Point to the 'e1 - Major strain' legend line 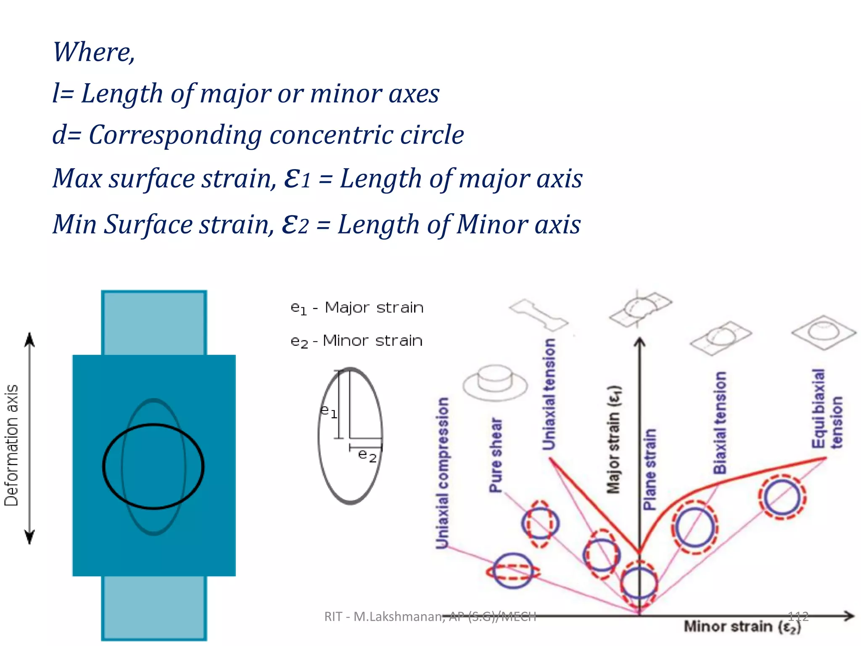click(x=357, y=308)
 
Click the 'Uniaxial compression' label click(x=442, y=473)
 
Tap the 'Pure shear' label click(x=496, y=455)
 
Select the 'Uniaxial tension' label click(x=549, y=394)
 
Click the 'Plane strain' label click(x=650, y=469)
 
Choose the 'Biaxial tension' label click(x=720, y=422)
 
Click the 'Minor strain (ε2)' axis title click(x=742, y=627)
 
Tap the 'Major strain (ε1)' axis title click(x=614, y=439)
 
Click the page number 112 click(x=798, y=617)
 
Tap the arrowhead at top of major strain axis click(x=639, y=342)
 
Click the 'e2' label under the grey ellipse click(x=367, y=455)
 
